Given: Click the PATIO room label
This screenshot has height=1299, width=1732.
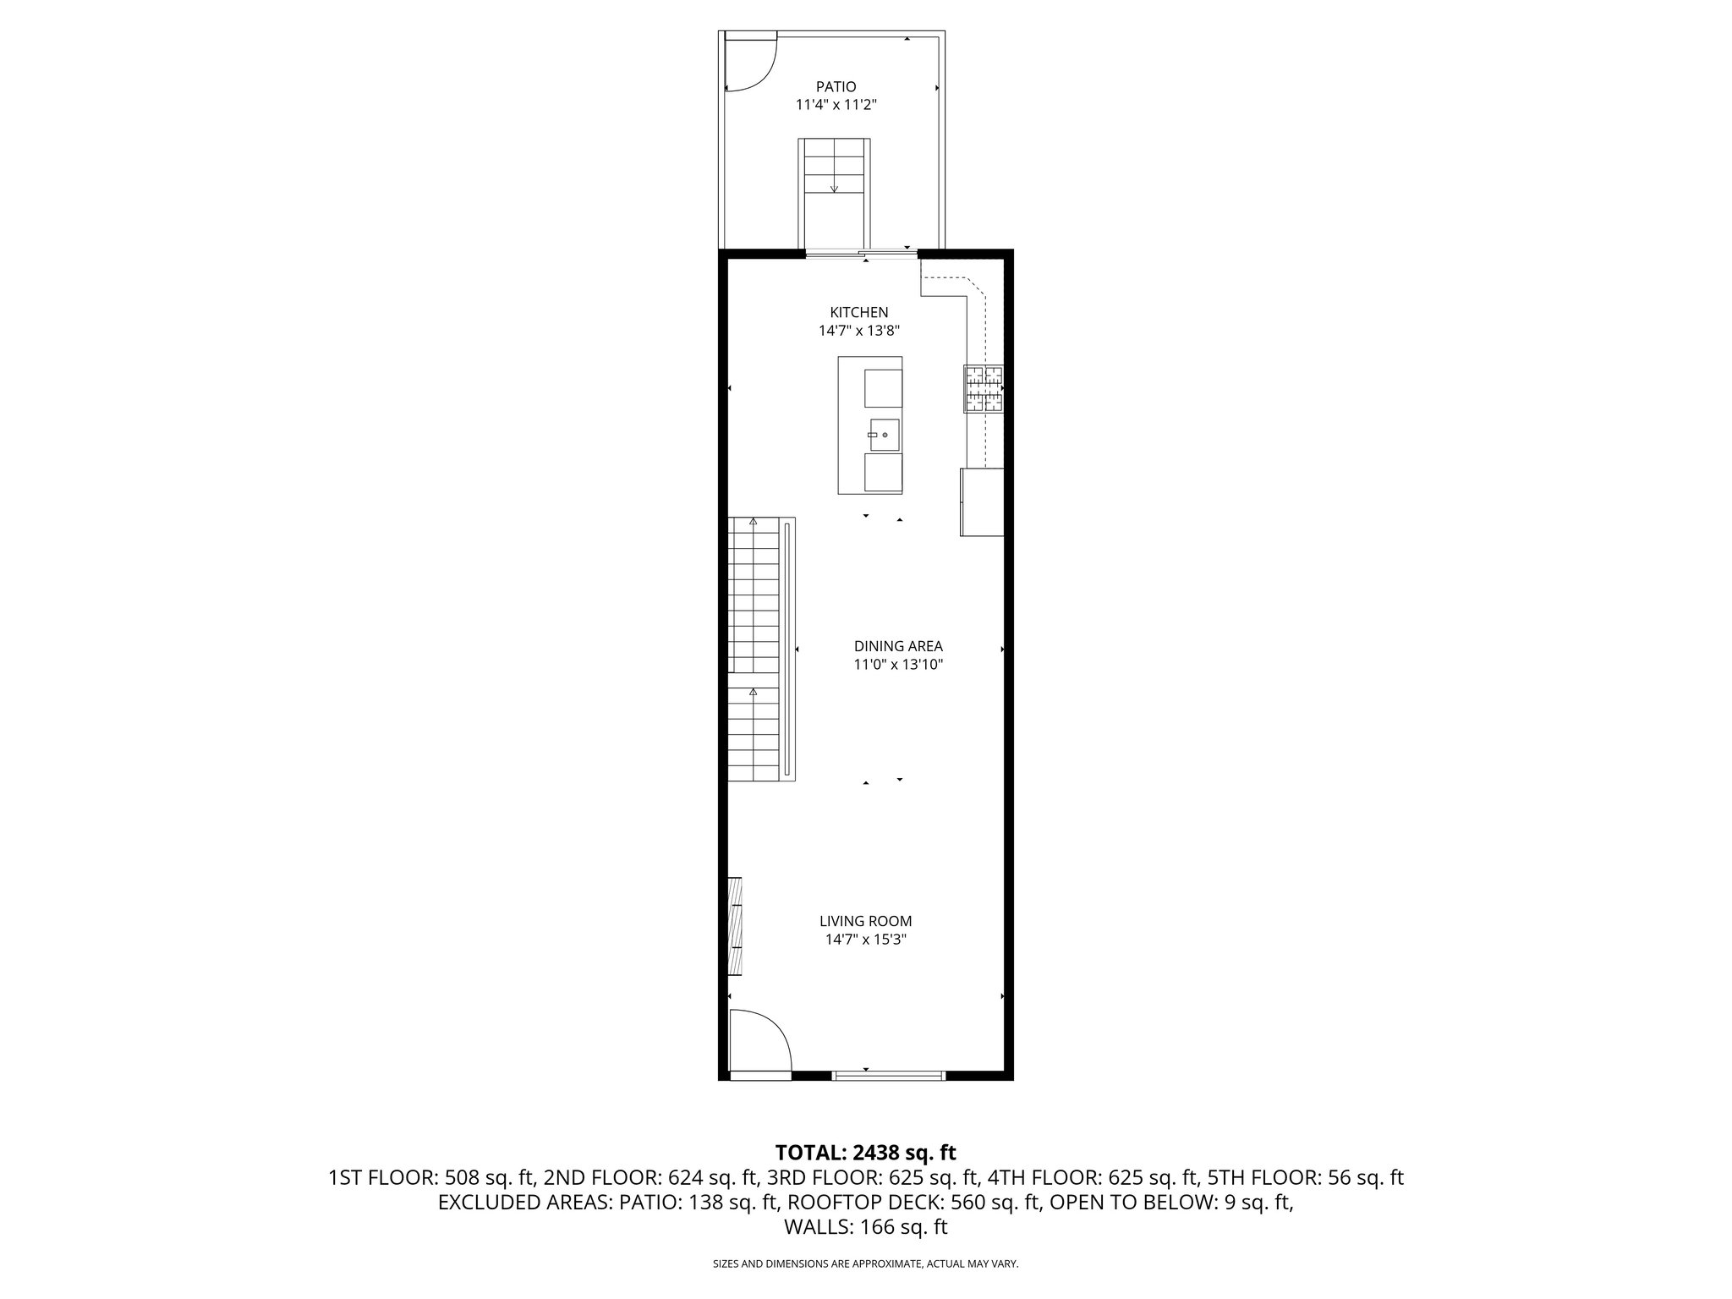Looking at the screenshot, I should [836, 86].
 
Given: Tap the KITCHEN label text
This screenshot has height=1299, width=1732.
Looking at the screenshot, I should [858, 313].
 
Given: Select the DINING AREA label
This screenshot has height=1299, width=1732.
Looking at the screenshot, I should [898, 646].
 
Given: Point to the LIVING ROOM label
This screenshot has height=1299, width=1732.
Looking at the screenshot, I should [865, 921].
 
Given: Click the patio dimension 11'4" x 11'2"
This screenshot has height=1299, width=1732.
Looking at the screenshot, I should [836, 105].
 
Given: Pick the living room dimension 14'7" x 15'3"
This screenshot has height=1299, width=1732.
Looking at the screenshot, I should [865, 940].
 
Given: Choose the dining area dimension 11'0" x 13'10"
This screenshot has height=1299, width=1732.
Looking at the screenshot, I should [898, 665].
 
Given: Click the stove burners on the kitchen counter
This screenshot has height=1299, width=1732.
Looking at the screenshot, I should [983, 389].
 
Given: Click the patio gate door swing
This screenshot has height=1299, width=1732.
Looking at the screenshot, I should [751, 61].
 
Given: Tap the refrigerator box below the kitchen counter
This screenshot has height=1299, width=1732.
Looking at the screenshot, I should [981, 502].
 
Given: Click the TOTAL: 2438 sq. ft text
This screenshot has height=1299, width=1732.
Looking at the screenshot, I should [865, 1152].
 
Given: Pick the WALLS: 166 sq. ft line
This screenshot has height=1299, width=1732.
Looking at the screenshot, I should [865, 1227].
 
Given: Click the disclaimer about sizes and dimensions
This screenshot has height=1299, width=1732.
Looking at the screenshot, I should [865, 1264].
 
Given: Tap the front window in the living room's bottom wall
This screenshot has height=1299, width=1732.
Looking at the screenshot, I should [888, 1075].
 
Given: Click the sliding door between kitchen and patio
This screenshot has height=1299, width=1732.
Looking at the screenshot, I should [861, 252].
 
